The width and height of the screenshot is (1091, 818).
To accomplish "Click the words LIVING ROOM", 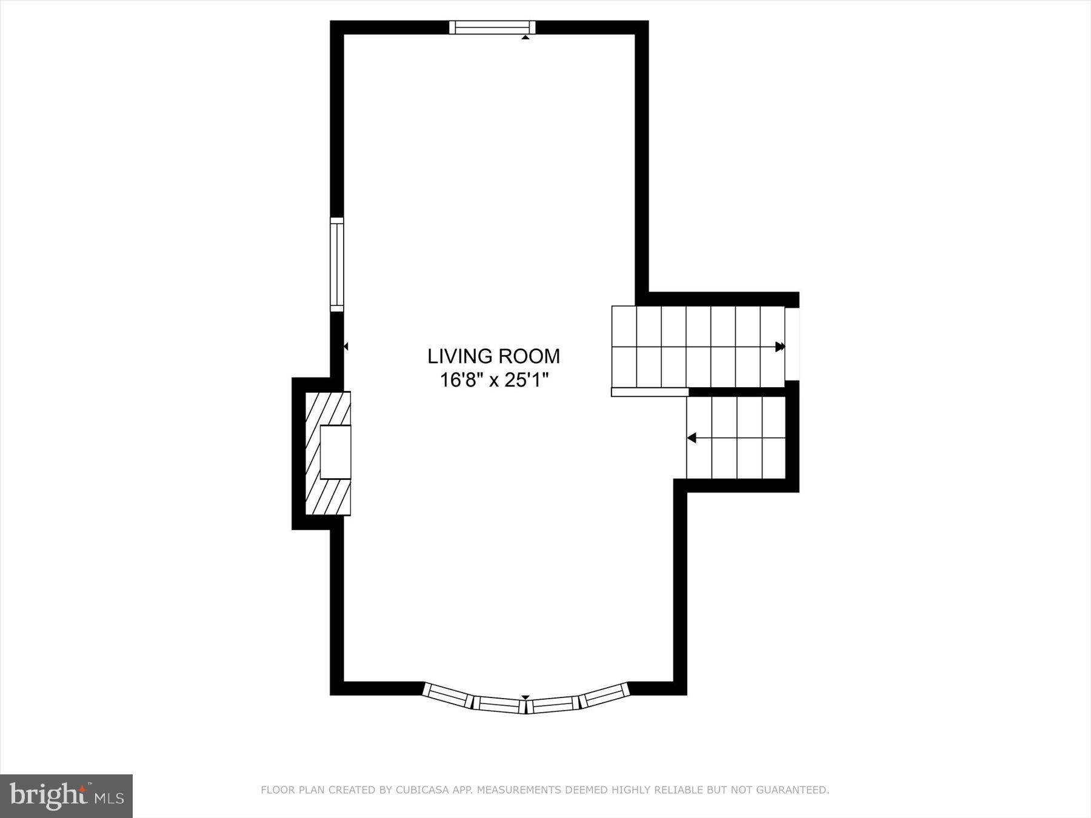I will tap(493, 356).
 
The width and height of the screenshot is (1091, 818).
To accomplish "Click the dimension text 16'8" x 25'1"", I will tap(493, 381).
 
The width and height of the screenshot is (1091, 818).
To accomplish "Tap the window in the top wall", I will tap(492, 27).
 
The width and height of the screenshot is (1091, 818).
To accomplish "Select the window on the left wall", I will tap(336, 265).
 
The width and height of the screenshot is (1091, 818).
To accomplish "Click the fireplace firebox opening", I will tap(335, 452).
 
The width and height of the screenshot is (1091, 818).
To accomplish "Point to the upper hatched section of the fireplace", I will tap(328, 408).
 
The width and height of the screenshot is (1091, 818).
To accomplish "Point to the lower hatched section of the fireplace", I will tap(328, 497).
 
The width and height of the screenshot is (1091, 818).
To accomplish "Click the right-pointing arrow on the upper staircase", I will tap(780, 347).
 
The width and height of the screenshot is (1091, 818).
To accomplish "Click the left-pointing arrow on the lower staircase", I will tap(692, 437).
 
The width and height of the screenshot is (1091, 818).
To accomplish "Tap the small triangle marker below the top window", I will tap(525, 38).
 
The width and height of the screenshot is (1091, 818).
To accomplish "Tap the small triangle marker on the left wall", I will tap(346, 347).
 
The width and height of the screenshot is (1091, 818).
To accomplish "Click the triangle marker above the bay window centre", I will tap(525, 697).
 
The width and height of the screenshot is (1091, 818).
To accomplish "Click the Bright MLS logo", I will tap(66, 796).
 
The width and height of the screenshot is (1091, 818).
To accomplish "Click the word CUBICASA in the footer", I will tap(419, 790).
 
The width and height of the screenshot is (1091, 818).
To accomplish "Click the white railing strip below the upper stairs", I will tap(650, 393).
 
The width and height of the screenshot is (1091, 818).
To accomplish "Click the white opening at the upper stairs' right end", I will tap(792, 344).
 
